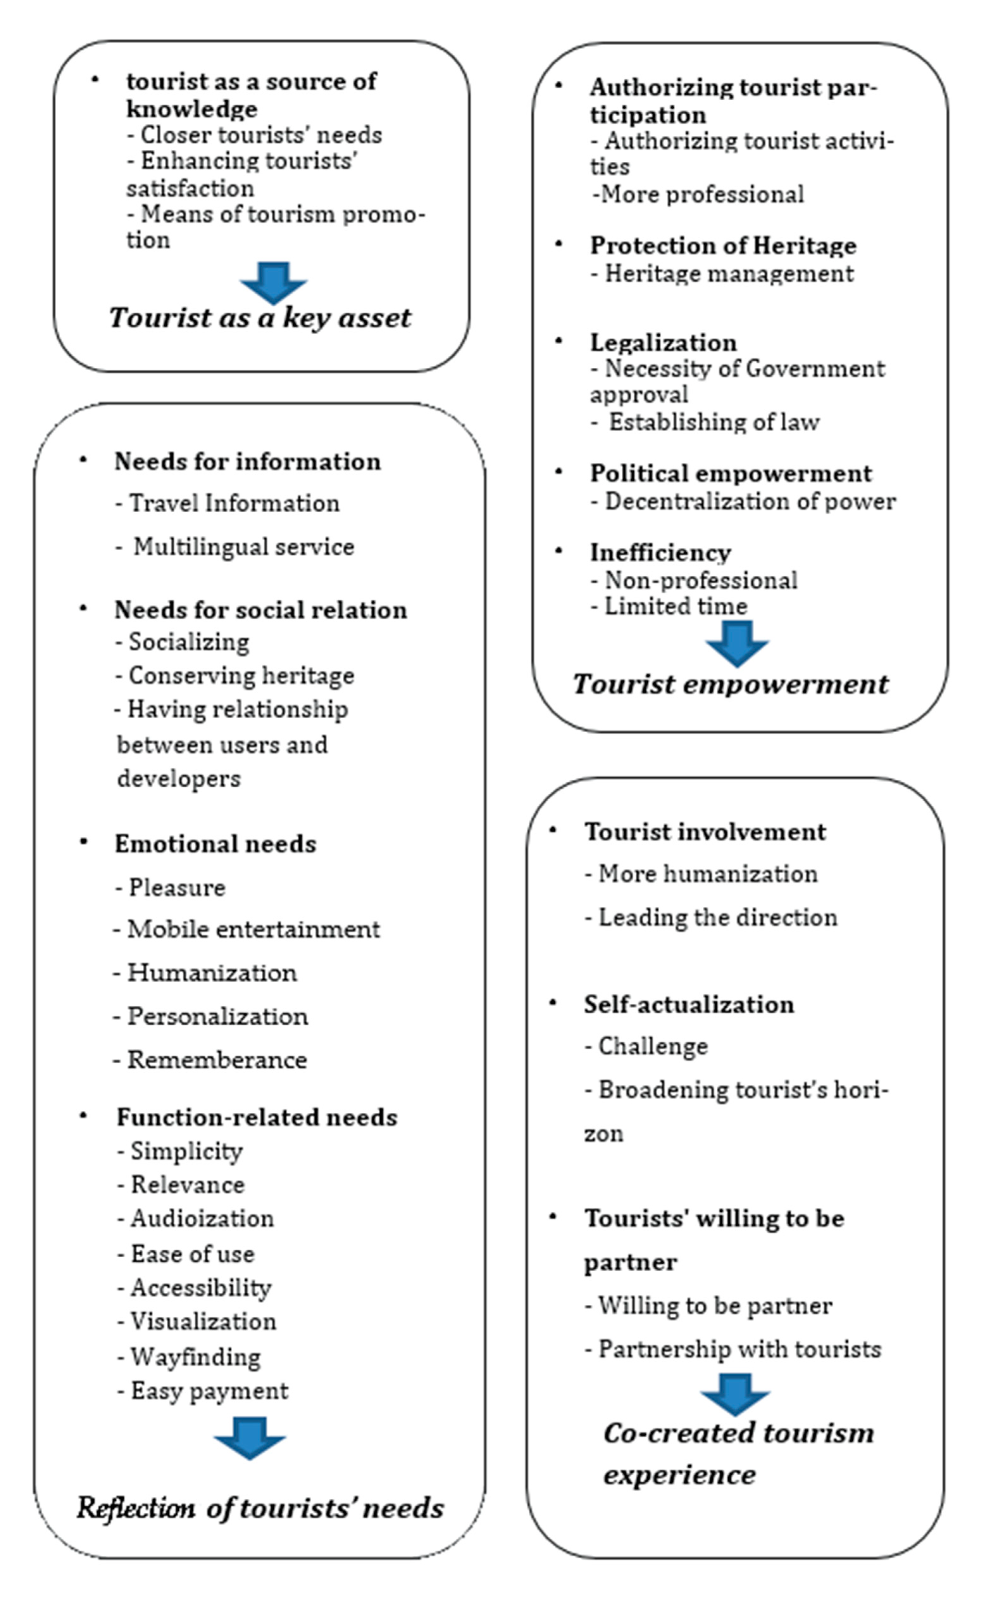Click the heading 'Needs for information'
point(247,462)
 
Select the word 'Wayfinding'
point(196,1356)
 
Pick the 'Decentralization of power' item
point(750,502)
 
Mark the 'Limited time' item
point(675,606)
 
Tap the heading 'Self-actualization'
point(689,1005)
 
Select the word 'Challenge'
point(653,1047)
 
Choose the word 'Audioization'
point(202,1219)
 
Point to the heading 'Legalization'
point(663,342)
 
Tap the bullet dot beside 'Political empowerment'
point(558,472)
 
